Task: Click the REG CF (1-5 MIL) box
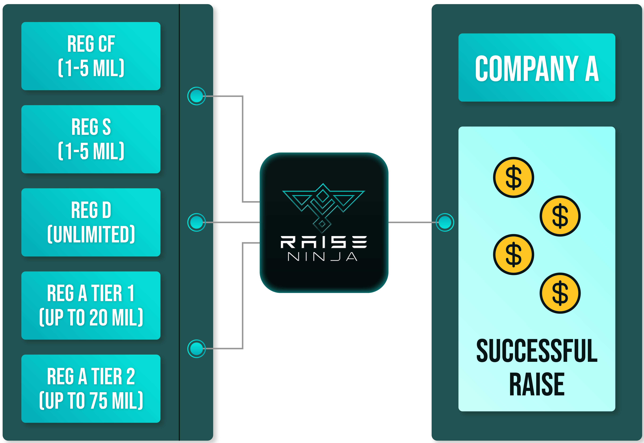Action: (91, 56)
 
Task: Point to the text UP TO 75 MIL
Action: (91, 401)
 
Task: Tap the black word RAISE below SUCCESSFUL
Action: (537, 384)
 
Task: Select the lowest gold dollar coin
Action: (560, 293)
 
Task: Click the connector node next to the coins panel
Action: (445, 222)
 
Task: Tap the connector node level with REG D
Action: (196, 222)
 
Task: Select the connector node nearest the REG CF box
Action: (196, 96)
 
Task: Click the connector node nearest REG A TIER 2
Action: (196, 349)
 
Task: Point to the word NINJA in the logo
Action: (323, 257)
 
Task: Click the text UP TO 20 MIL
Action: (91, 317)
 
